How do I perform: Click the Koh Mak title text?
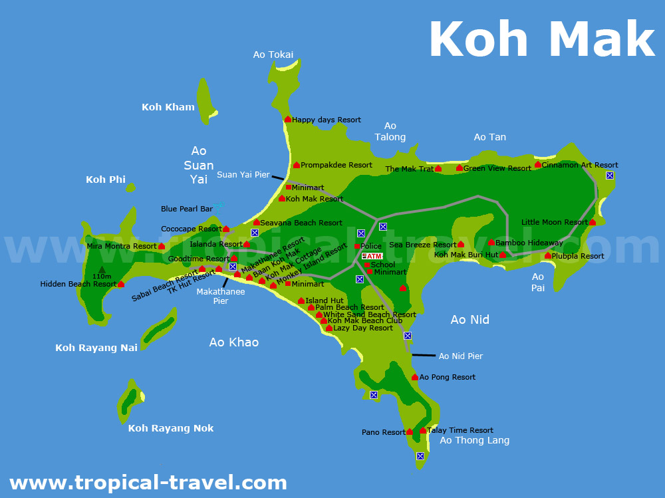(x=542, y=40)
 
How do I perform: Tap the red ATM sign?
(x=372, y=256)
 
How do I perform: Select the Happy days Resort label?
(x=327, y=120)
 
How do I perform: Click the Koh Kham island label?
(x=168, y=107)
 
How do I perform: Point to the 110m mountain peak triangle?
(x=102, y=269)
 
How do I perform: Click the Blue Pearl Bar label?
(x=187, y=209)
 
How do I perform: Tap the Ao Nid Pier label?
(x=461, y=356)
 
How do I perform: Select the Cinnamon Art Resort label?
(x=580, y=165)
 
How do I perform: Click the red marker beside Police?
(x=357, y=247)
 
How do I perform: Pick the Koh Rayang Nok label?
(x=171, y=428)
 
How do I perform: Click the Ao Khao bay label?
(x=233, y=342)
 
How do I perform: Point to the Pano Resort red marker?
(x=410, y=432)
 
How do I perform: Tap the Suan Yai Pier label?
(x=243, y=175)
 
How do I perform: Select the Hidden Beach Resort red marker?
(x=121, y=284)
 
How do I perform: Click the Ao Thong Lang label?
(x=474, y=440)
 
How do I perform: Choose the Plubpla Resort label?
(x=579, y=256)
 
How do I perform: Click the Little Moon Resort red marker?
(x=593, y=222)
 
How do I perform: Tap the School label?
(x=383, y=265)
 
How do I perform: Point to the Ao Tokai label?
(x=273, y=55)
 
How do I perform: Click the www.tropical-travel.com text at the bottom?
(x=148, y=482)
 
